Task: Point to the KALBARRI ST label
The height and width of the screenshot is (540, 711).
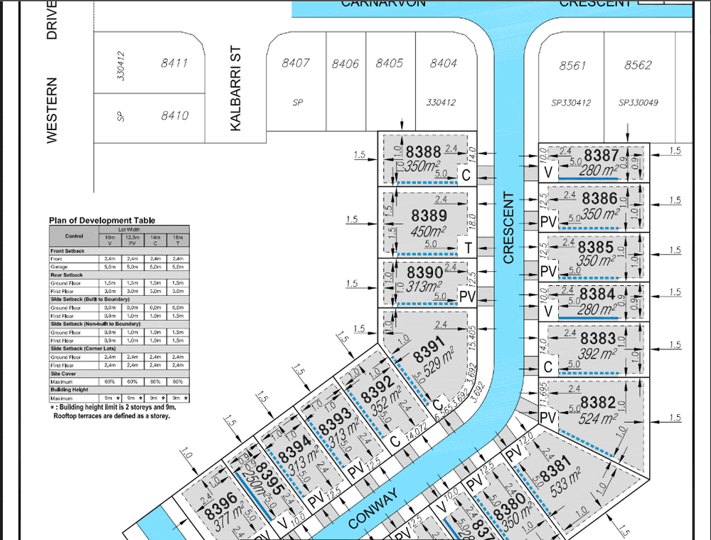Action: tap(236, 91)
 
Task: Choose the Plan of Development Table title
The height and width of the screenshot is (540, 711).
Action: tap(102, 221)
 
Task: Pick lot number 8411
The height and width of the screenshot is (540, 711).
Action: tap(174, 63)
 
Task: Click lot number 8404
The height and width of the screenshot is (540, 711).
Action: tap(443, 63)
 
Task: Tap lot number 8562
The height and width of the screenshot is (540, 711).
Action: tap(638, 65)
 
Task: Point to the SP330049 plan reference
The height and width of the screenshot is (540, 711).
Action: tap(638, 103)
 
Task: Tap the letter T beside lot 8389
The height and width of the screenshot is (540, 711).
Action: tap(469, 248)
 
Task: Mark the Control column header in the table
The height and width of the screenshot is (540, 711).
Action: tap(74, 235)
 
